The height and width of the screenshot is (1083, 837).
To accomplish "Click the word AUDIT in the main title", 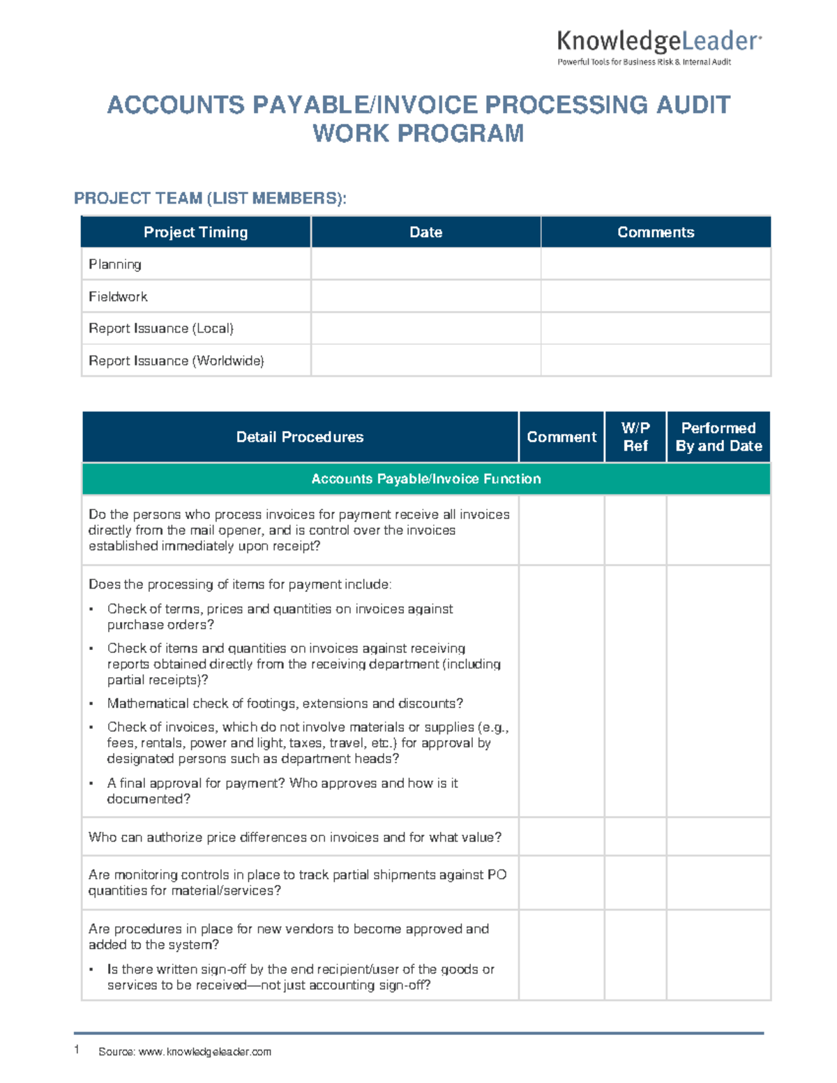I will tap(693, 105).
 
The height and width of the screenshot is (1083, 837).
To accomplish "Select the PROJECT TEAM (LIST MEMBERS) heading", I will tap(210, 199).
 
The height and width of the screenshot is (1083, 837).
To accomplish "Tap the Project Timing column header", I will tap(195, 232).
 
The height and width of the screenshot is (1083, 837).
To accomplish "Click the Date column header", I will tap(425, 232).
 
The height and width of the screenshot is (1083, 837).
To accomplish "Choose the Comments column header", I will tap(656, 232).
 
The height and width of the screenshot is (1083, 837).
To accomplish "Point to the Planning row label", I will tap(115, 264).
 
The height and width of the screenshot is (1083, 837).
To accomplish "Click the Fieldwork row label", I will tap(118, 296).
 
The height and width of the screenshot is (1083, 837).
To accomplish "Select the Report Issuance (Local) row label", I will tap(161, 328).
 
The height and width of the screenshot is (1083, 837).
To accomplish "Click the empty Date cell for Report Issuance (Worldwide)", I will tap(425, 361).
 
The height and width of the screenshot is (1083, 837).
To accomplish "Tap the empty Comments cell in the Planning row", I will tap(656, 264).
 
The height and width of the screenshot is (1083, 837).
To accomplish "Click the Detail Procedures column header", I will tap(300, 437).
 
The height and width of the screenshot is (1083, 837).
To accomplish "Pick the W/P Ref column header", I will tap(635, 437).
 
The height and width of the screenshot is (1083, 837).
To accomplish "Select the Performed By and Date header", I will tap(718, 437).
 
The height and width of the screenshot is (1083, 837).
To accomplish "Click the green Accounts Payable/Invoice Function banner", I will tap(425, 479).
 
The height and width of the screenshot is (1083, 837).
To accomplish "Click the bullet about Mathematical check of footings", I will tap(285, 704).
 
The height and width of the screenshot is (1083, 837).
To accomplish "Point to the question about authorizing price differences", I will tap(294, 838).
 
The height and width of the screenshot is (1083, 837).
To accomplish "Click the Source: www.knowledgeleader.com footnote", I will tap(185, 1052).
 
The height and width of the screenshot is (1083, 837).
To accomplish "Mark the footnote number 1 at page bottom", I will tap(77, 1050).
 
